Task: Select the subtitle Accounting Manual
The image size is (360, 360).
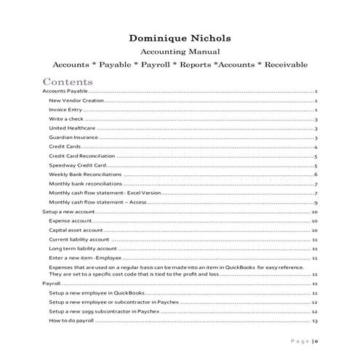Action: [180, 52]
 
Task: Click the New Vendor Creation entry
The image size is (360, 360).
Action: [73, 100]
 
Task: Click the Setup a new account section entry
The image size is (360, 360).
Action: [68, 211]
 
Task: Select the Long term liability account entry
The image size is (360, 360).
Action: [83, 248]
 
